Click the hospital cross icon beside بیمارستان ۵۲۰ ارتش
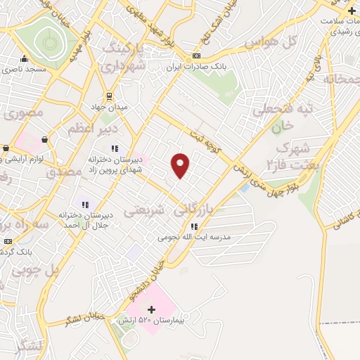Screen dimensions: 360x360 [150, 309]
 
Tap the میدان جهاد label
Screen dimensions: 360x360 [105, 106]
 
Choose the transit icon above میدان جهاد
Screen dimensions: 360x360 [109, 96]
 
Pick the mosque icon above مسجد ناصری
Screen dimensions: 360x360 [25, 58]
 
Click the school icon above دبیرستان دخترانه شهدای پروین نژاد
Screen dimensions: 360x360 [114, 148]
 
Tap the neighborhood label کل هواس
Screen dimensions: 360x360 [271, 43]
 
